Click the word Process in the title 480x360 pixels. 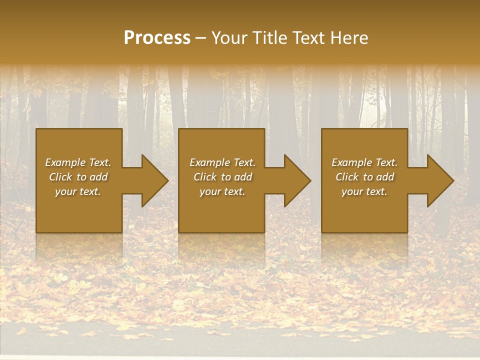(157, 38)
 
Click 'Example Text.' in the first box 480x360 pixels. (78, 162)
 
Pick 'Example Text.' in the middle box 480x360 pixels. (222, 162)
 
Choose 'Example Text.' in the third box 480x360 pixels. (364, 162)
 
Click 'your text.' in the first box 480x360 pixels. (78, 191)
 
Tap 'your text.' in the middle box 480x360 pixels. (222, 191)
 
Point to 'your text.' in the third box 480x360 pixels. (364, 191)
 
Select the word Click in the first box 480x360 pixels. (60, 177)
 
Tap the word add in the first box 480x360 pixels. (99, 177)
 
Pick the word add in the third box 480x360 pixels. (385, 177)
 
